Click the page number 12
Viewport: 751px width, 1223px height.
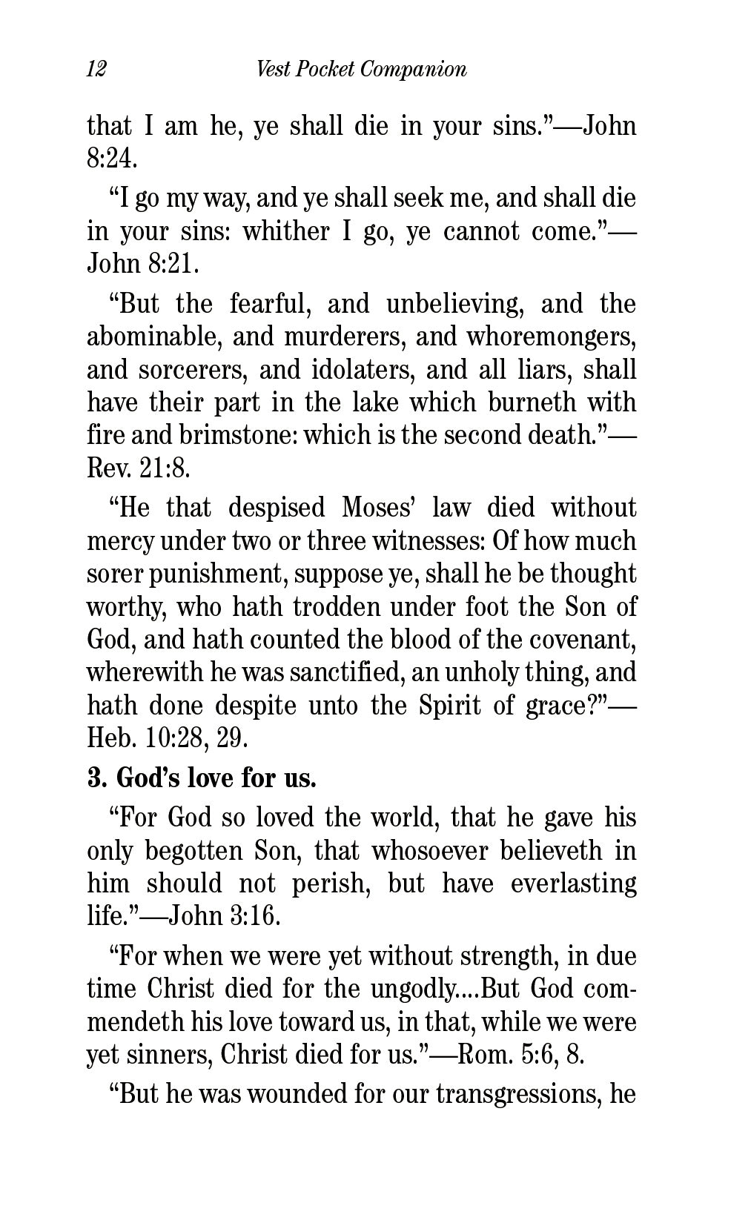coord(97,70)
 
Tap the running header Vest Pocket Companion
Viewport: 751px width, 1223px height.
coord(361,70)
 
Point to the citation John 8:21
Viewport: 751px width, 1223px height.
coord(143,264)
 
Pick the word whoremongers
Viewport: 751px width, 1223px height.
coord(551,337)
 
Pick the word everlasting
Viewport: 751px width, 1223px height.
coord(573,884)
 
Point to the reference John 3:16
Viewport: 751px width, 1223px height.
coord(225,917)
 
